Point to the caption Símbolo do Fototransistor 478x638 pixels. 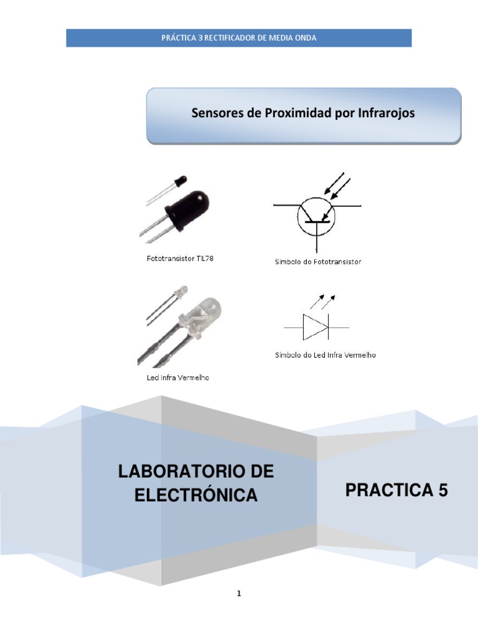click(318, 262)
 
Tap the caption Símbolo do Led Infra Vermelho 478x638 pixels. click(326, 355)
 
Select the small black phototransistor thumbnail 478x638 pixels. click(180, 180)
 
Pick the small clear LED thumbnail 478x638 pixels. click(181, 290)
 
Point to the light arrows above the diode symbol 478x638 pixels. click(323, 302)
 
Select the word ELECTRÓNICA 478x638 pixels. click(196, 495)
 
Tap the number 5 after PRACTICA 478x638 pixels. click(442, 491)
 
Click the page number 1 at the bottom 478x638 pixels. click(239, 594)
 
